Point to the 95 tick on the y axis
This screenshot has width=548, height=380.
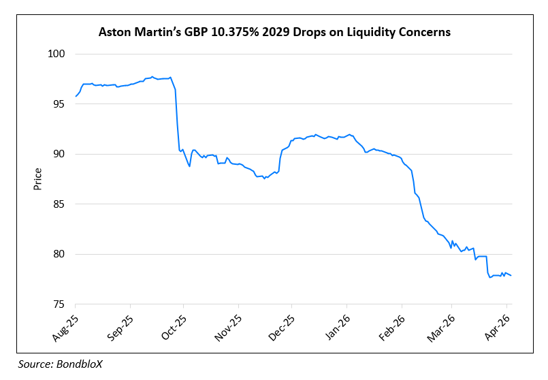coord(59,104)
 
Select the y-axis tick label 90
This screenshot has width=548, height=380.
coord(59,155)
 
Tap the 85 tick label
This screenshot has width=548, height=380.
coord(59,204)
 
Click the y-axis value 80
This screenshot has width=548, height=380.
coord(59,255)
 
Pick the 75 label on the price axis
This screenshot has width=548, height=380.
coord(59,304)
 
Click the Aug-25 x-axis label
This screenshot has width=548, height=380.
coord(67,325)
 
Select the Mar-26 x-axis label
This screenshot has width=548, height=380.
coord(445,325)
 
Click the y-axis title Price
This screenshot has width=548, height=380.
coord(39,178)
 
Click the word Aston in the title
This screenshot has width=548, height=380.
coord(114,32)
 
